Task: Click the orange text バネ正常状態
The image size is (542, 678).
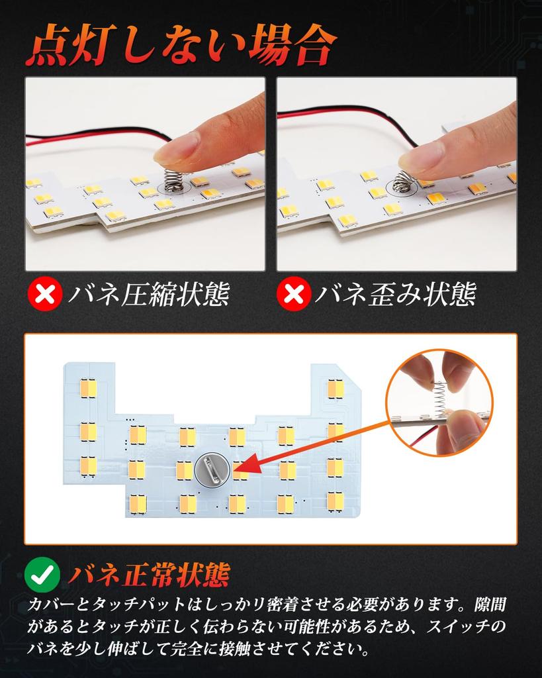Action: point(148,575)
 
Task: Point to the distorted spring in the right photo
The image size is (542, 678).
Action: point(403,182)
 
